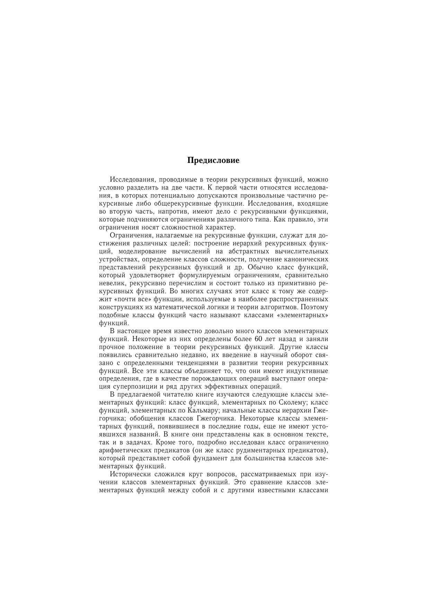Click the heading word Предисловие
click(x=213, y=160)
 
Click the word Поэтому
click(x=315, y=307)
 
